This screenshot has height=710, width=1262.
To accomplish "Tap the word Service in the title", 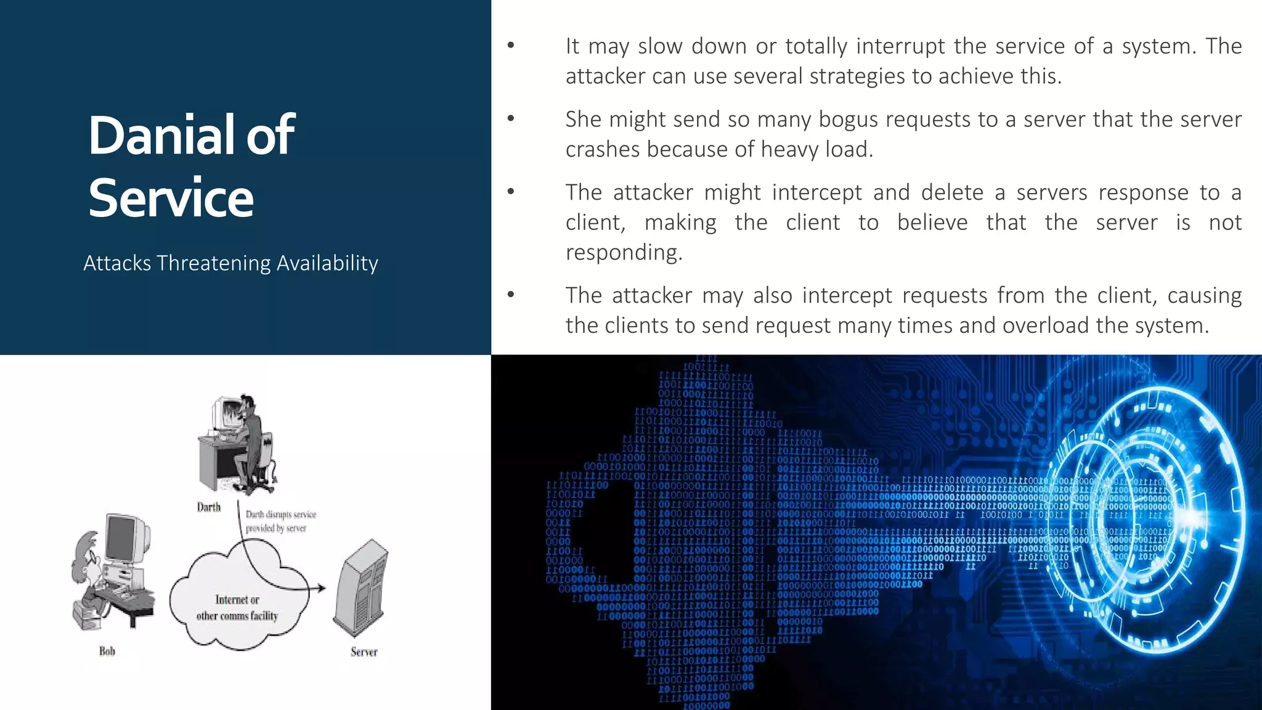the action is pos(171,198).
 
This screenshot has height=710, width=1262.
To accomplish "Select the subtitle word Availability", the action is pos(327,263).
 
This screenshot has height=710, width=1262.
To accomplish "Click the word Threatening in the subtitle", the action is pos(214,263).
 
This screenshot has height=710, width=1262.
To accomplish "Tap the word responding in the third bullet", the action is pos(624,253).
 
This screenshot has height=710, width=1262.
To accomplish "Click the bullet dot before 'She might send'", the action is pos(511,118).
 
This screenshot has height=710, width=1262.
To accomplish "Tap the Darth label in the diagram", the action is pos(208,507).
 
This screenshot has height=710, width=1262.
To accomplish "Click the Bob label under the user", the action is pos(107,651).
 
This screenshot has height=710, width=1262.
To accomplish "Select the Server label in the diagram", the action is pos(364,651).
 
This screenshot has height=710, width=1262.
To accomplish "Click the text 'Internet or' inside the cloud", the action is pos(237,600).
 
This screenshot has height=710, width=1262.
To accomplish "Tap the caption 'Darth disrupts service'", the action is pos(281,514).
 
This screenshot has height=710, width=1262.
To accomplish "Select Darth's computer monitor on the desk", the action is pos(224,414).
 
